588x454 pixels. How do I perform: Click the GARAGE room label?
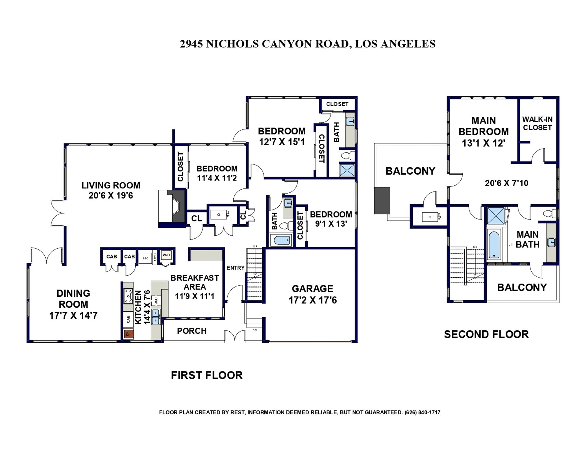point(312,288)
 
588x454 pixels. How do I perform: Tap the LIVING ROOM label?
point(111,185)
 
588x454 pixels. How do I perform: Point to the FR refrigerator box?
point(145,258)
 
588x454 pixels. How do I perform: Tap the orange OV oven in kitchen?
point(128,334)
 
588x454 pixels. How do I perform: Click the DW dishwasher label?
point(156,300)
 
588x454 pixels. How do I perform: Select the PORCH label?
point(192,331)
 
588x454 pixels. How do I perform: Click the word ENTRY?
point(236,268)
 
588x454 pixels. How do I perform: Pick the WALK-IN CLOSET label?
point(537,123)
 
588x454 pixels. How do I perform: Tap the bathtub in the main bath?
point(494,245)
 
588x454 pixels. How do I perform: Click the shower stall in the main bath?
point(496,216)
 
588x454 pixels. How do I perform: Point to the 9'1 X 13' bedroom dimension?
point(331,224)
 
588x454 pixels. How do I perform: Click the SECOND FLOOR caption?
point(486,334)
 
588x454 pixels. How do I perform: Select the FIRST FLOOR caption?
point(207,375)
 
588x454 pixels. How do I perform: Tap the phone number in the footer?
point(422,412)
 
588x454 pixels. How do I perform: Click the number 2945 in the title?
point(191,44)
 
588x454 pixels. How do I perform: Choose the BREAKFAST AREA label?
point(195,282)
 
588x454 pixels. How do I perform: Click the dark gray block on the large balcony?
point(382,200)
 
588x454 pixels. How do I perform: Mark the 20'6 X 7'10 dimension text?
point(507,183)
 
